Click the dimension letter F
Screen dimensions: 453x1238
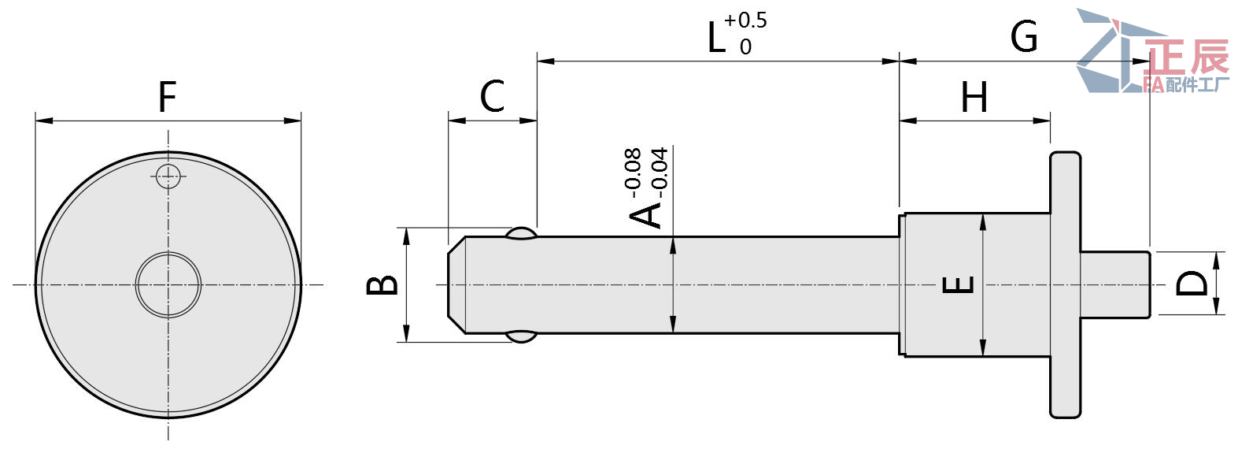(x=167, y=97)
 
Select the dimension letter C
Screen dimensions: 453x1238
(x=492, y=97)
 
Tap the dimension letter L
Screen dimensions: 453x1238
(x=715, y=38)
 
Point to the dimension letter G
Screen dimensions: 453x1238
(x=1023, y=37)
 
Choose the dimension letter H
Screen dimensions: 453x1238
(x=974, y=98)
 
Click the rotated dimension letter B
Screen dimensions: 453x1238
(x=383, y=284)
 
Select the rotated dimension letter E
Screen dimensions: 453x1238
(x=958, y=284)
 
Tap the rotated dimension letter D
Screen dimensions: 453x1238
(x=1192, y=283)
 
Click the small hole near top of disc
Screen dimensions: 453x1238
(x=168, y=176)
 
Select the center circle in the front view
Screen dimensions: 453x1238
(x=168, y=284)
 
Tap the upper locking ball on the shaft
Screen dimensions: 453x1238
(x=521, y=233)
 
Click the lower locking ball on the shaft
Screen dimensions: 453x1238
(x=521, y=336)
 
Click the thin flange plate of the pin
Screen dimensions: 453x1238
(x=1065, y=284)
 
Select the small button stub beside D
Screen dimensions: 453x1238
(x=1114, y=284)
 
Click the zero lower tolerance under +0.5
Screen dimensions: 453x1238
(x=745, y=47)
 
